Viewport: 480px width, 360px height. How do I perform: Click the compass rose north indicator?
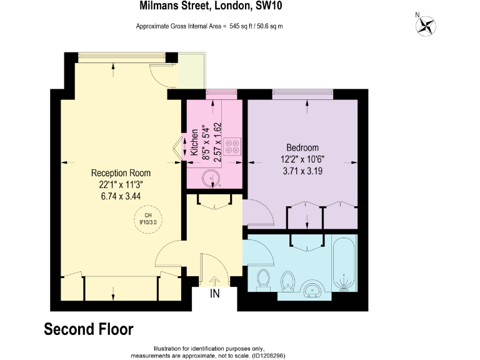click(427, 25)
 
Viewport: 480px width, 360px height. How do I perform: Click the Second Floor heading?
click(88, 329)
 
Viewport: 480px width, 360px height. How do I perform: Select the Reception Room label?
click(121, 172)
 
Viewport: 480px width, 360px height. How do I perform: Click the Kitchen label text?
click(194, 142)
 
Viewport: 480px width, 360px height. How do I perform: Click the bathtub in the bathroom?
click(344, 266)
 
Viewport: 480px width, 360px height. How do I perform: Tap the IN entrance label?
click(215, 294)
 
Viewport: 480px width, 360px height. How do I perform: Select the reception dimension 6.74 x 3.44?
click(121, 195)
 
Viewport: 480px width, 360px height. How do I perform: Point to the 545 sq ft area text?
click(209, 26)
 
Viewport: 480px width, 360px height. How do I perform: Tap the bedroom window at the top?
click(302, 94)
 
